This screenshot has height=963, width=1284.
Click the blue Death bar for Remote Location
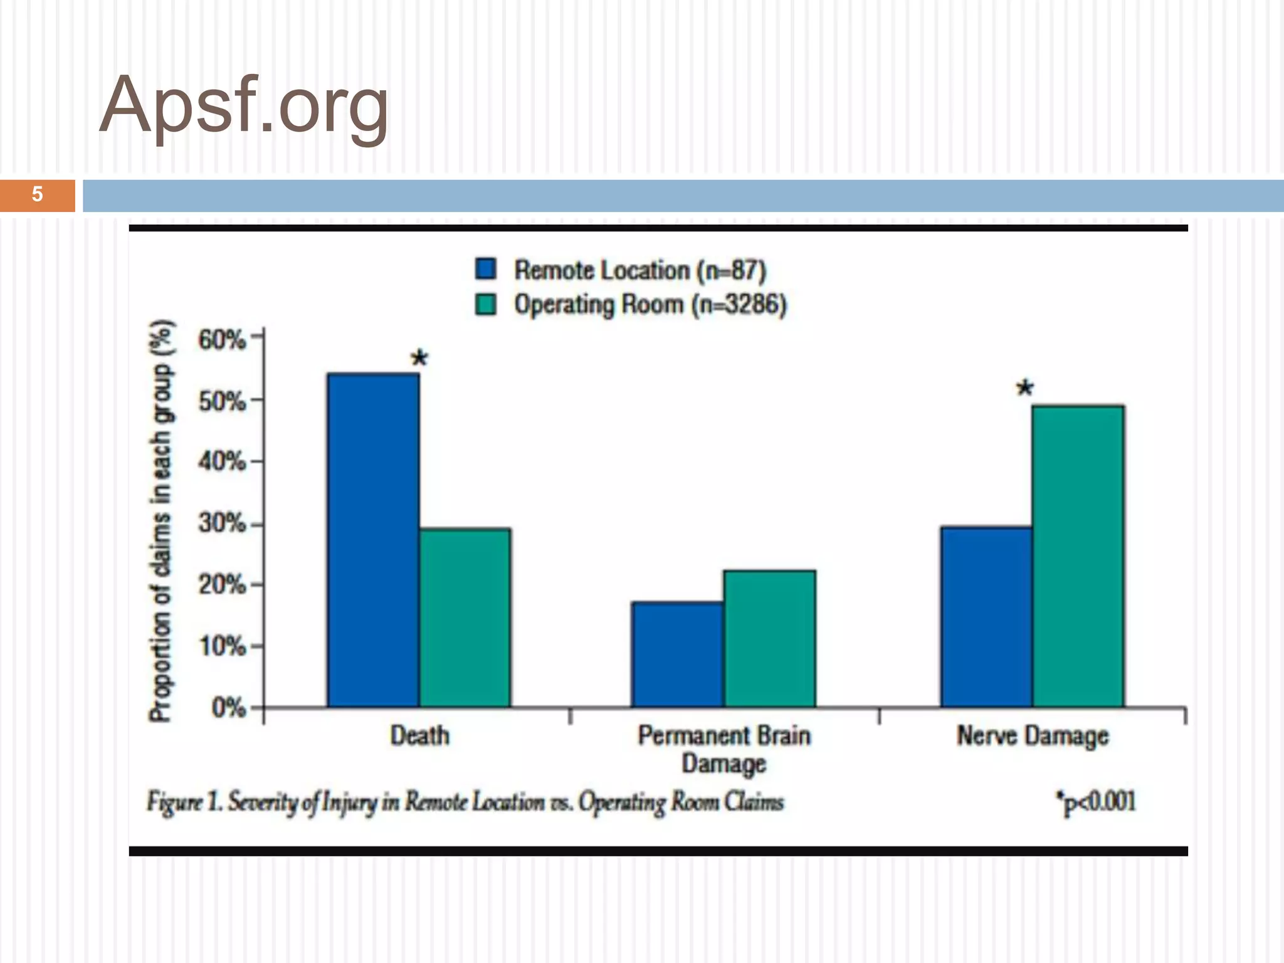373,539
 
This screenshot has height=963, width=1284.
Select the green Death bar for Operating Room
465,618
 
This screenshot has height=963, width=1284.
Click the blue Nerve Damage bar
986,617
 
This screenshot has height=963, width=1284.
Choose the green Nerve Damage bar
1078,556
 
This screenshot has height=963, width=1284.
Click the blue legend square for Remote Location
486,269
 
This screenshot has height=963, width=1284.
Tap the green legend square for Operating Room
486,304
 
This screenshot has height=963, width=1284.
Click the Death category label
419,735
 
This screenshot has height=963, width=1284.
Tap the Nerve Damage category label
1032,736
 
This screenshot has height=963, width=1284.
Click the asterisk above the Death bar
419,359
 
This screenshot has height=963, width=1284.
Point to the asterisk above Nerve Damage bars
1024,388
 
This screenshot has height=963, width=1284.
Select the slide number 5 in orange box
37,194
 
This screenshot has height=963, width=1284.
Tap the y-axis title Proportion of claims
160,520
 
